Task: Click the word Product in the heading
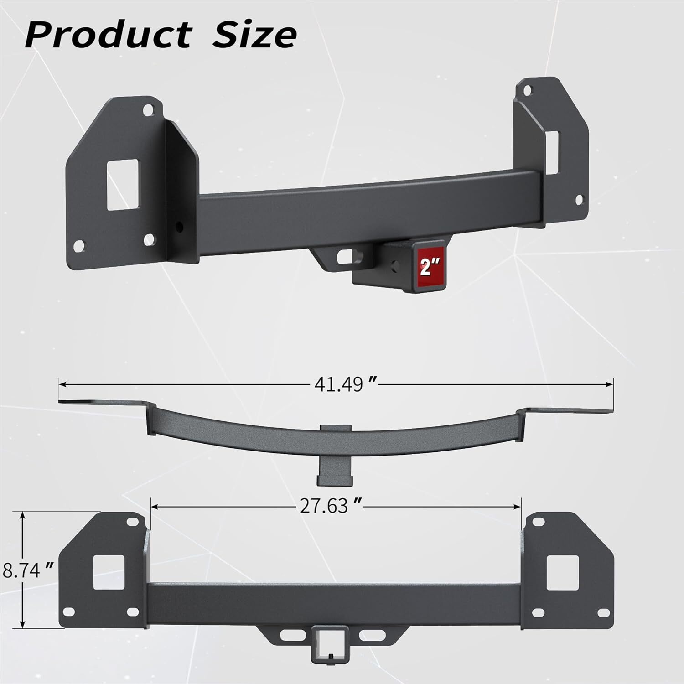point(108,35)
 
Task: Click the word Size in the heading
point(254,35)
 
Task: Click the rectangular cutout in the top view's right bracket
point(552,152)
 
